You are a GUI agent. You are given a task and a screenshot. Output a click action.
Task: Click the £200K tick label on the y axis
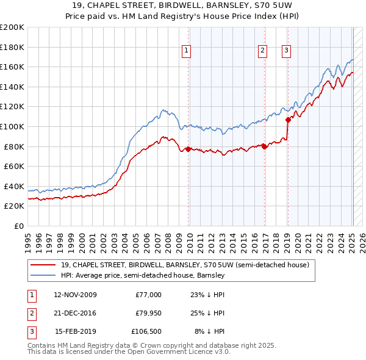(x=12, y=27)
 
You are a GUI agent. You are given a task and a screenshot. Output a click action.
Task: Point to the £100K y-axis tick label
(x=12, y=126)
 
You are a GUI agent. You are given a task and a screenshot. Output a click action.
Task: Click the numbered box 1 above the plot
(x=186, y=51)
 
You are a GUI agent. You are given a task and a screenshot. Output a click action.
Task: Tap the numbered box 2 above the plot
(x=262, y=51)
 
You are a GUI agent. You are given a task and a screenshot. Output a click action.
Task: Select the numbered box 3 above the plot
(x=286, y=51)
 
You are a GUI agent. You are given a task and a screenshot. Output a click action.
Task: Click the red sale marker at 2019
(x=287, y=120)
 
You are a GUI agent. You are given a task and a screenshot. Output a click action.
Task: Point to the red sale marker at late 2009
(x=188, y=149)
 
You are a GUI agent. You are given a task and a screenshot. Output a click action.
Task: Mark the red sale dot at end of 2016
(x=264, y=146)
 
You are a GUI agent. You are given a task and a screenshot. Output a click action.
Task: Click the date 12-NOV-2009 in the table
(x=75, y=295)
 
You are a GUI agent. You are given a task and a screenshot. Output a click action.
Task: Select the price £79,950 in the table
(x=148, y=313)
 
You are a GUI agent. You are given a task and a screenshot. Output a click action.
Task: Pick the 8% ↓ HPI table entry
(x=209, y=331)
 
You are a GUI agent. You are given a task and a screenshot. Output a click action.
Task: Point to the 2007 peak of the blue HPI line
(x=162, y=110)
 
